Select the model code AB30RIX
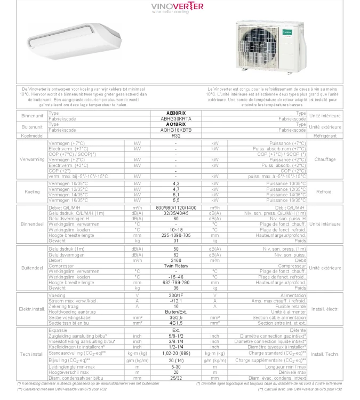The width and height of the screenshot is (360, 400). (175, 114)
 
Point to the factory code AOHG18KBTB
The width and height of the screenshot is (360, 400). (175, 130)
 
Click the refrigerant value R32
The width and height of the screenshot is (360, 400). (175, 136)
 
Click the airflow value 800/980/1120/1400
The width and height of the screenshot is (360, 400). (175, 207)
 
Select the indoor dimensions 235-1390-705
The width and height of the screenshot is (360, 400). (175, 235)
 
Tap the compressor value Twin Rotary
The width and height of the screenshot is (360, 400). (175, 266)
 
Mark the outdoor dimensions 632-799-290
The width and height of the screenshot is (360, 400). (175, 282)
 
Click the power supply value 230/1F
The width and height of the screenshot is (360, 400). (175, 295)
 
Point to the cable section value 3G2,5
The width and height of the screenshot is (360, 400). (175, 317)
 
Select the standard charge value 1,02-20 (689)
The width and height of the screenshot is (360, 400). (175, 353)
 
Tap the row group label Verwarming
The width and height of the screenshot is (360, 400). (32, 159)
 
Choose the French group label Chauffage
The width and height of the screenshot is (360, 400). (325, 159)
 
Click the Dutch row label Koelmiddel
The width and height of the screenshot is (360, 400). (32, 136)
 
